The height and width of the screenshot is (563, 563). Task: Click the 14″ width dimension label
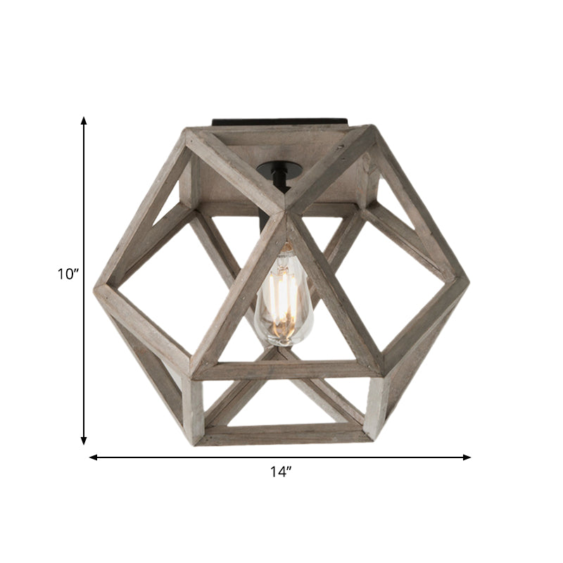coord(281,472)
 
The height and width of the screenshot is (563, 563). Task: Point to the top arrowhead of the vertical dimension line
coord(84,120)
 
